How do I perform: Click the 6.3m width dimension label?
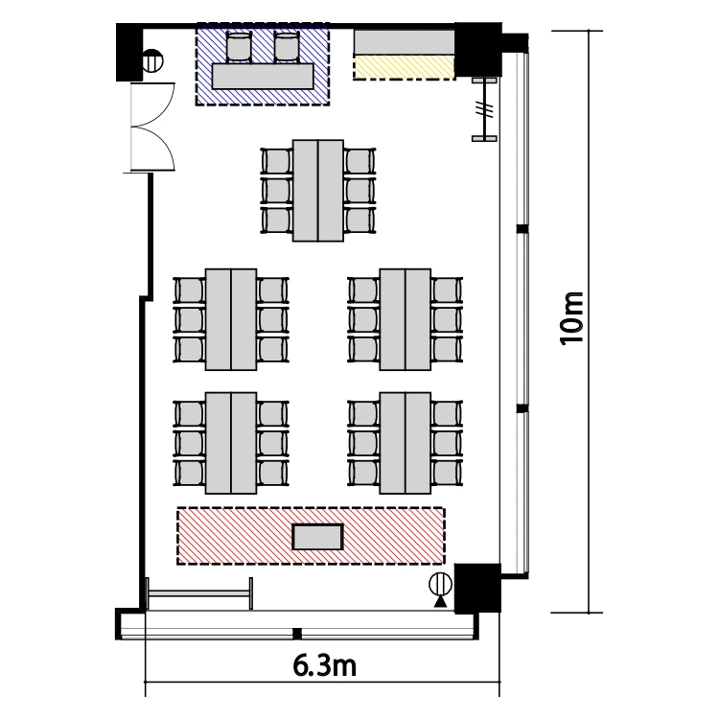(325, 666)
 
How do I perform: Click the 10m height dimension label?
(571, 317)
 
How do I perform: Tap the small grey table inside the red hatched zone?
(317, 537)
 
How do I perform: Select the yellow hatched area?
(404, 67)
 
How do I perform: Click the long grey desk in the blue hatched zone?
(263, 76)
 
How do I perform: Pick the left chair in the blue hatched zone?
(240, 47)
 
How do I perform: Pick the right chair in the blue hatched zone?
(287, 47)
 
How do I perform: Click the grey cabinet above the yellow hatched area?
(404, 42)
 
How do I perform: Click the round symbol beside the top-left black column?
(152, 61)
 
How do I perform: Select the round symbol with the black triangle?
(440, 585)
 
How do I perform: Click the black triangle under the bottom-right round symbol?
(440, 601)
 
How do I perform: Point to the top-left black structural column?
(129, 52)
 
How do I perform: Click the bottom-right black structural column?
(476, 589)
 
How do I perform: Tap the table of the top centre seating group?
(318, 191)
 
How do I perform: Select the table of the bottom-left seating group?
(231, 443)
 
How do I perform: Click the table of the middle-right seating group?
(406, 319)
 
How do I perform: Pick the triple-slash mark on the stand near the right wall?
(484, 109)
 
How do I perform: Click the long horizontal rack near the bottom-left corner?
(199, 593)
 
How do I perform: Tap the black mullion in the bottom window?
(297, 634)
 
